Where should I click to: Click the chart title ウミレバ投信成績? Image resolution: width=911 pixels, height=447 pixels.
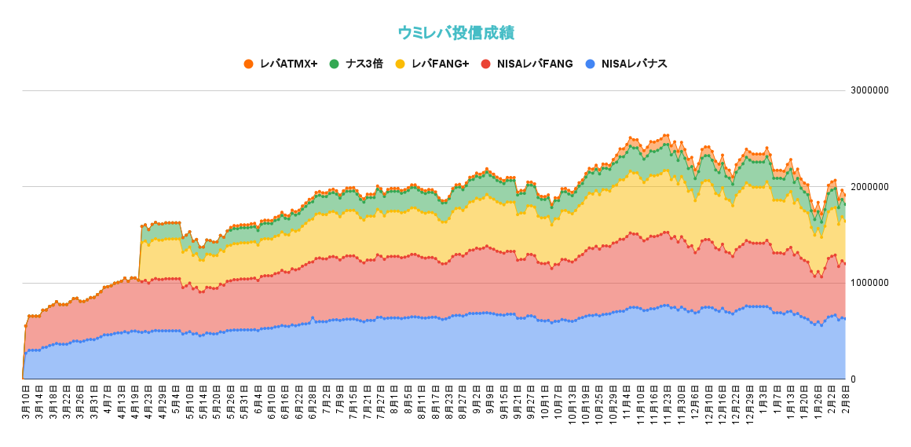455,33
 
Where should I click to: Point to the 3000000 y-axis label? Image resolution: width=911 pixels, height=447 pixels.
869,90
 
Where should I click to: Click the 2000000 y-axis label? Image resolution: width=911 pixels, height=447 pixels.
869,187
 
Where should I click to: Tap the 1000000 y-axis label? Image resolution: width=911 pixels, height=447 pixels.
869,283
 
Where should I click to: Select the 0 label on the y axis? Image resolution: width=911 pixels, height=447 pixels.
854,379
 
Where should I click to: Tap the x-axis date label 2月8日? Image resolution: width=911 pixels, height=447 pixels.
844,400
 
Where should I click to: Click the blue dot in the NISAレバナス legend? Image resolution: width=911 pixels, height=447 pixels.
590,64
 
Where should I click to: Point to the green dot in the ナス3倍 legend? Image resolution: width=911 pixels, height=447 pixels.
335,64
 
